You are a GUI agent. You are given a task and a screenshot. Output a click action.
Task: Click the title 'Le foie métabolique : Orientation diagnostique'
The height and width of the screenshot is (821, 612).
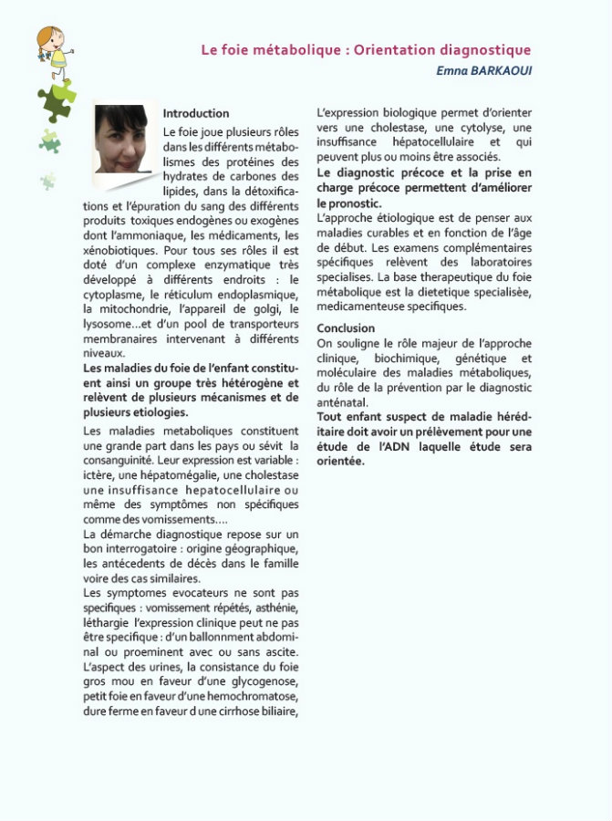click(366, 50)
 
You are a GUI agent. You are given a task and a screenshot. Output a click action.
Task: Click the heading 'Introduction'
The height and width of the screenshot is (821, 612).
click(196, 114)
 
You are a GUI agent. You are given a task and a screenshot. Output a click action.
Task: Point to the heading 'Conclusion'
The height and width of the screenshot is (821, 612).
click(346, 328)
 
